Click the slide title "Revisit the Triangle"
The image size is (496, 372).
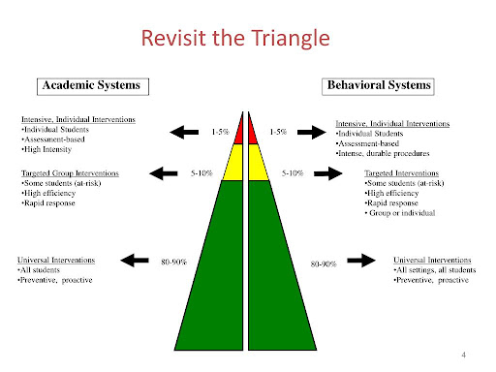click(x=235, y=39)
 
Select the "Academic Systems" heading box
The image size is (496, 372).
click(x=93, y=86)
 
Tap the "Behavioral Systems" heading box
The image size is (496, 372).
click(x=378, y=86)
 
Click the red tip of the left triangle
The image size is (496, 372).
click(x=239, y=133)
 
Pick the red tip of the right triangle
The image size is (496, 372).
click(x=252, y=133)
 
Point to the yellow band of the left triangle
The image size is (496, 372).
click(x=233, y=163)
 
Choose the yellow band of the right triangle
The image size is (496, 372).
click(x=258, y=163)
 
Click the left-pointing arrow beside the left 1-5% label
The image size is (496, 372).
click(x=184, y=132)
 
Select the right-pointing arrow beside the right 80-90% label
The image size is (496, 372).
click(x=361, y=261)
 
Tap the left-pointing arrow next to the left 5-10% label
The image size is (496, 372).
click(x=164, y=173)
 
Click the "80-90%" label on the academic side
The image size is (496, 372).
click(x=173, y=262)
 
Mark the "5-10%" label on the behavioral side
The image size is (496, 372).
click(x=293, y=173)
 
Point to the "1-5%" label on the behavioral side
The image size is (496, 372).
click(x=278, y=132)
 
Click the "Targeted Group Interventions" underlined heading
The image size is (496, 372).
click(x=70, y=173)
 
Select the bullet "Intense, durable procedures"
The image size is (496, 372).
click(x=383, y=153)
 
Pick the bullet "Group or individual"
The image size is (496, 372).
click(x=400, y=213)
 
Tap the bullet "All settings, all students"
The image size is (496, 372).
click(x=435, y=270)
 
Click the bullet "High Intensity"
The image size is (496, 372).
click(x=46, y=149)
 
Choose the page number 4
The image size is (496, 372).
click(x=464, y=355)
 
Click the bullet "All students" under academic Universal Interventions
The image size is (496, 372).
click(x=39, y=270)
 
